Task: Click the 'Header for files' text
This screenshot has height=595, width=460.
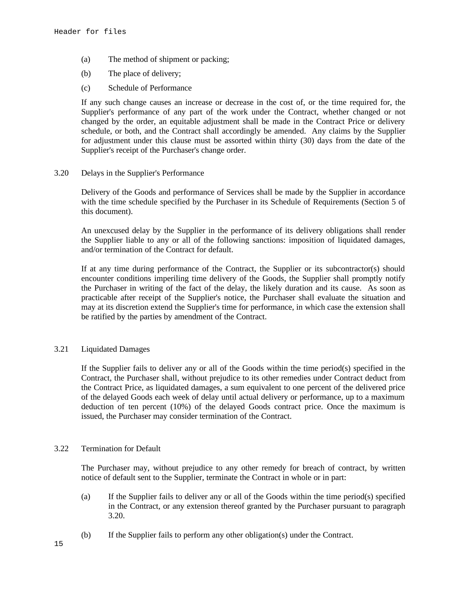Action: (90, 32)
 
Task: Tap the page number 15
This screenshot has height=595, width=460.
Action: (59, 544)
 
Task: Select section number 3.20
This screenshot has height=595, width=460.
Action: (61, 173)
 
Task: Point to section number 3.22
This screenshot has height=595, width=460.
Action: (61, 448)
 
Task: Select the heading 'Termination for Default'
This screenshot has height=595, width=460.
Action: (121, 448)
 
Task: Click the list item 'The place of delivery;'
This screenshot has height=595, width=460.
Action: (144, 74)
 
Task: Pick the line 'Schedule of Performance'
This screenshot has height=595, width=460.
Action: (150, 88)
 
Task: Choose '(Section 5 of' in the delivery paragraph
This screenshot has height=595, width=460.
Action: (383, 202)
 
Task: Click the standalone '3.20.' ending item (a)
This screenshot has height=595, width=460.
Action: (116, 516)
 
